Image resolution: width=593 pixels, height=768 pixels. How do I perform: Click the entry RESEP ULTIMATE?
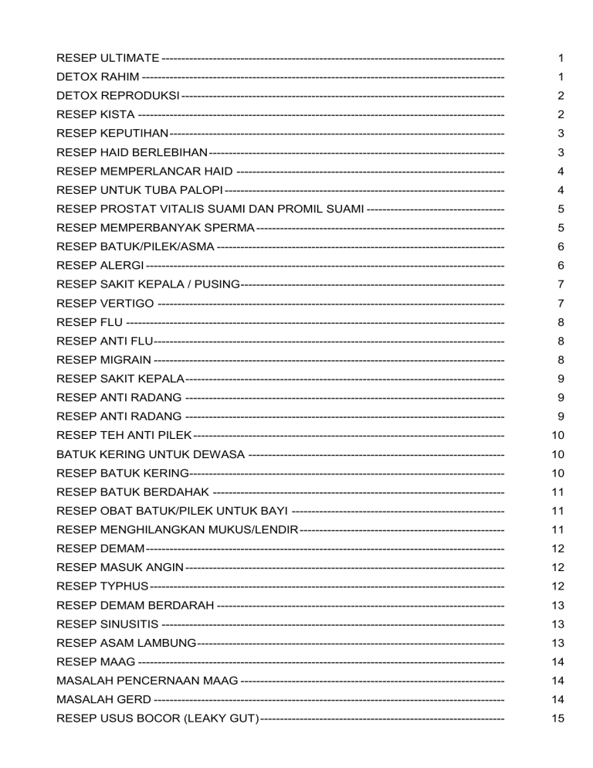coord(108,59)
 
